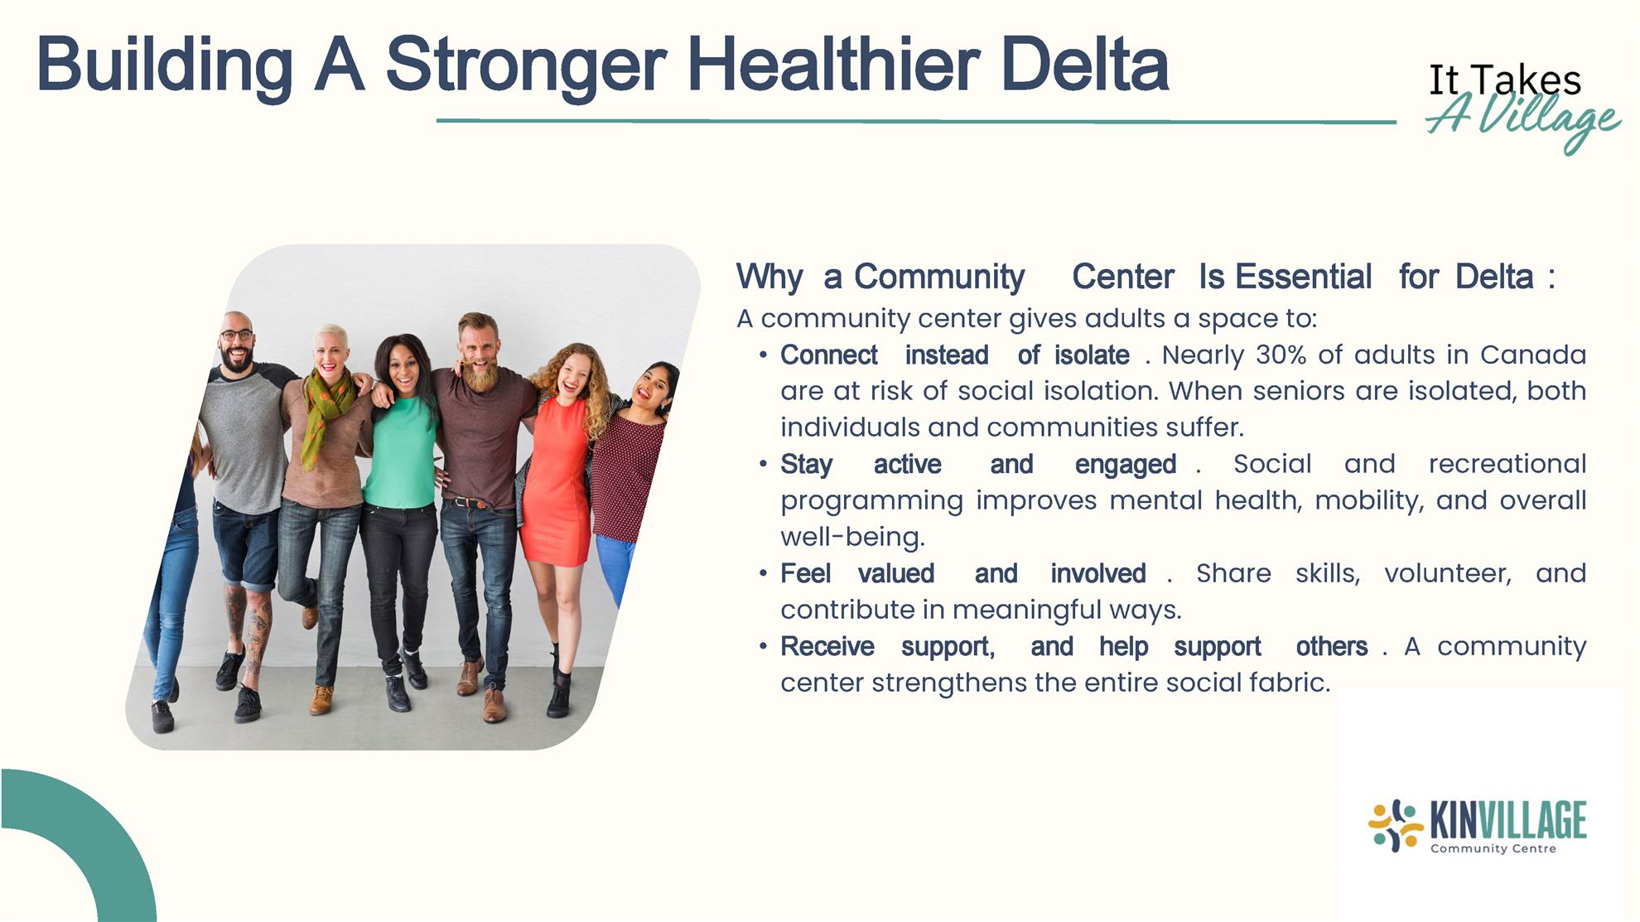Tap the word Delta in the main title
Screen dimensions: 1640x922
[x=1084, y=64]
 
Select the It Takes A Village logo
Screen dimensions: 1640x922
[x=1522, y=106]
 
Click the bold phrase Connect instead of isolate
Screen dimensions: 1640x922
[x=954, y=355]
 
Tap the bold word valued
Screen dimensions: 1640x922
[x=895, y=573]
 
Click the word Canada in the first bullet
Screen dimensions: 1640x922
[x=1532, y=355]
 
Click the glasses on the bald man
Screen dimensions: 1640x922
[x=236, y=335]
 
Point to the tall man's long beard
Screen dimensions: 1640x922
[x=480, y=374]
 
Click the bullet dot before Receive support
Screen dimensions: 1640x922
[x=763, y=646]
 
